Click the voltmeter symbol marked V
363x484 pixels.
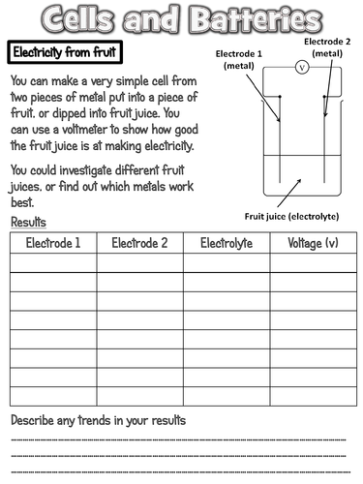(x=301, y=69)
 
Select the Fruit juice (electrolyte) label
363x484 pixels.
(x=296, y=219)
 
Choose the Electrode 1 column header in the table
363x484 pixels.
(x=53, y=243)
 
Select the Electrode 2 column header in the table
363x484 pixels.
(x=139, y=243)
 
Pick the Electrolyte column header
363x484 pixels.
(x=227, y=243)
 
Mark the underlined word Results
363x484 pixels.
(x=28, y=223)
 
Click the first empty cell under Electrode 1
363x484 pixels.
(x=53, y=262)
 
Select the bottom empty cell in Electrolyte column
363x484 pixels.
(x=227, y=396)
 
